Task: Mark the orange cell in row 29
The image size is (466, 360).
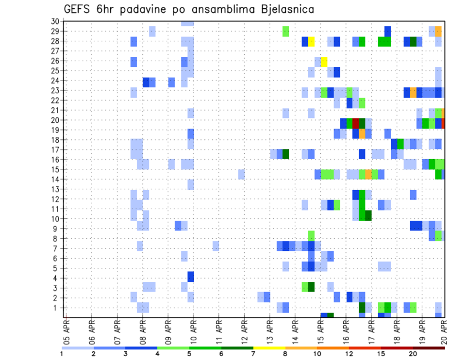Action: (x=438, y=32)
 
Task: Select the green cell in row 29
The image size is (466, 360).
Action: (x=286, y=32)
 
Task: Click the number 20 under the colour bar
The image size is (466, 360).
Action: (x=413, y=353)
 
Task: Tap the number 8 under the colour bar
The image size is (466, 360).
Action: (x=285, y=353)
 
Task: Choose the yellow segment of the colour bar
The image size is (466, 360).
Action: (x=269, y=348)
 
